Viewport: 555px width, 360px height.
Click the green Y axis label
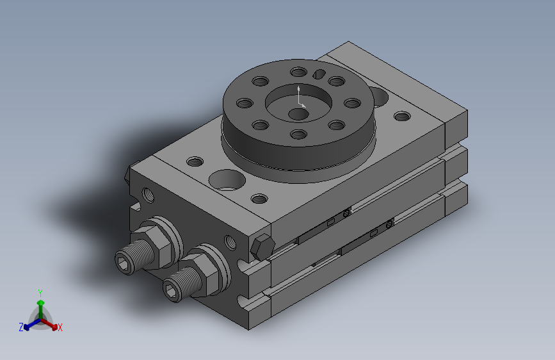coord(40,293)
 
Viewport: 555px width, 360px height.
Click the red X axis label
coord(60,328)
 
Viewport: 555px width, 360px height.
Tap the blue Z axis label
coord(21,327)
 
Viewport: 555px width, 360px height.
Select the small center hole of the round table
coord(299,114)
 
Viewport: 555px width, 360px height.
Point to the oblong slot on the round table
coord(319,74)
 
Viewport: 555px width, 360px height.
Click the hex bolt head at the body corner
coord(262,247)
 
